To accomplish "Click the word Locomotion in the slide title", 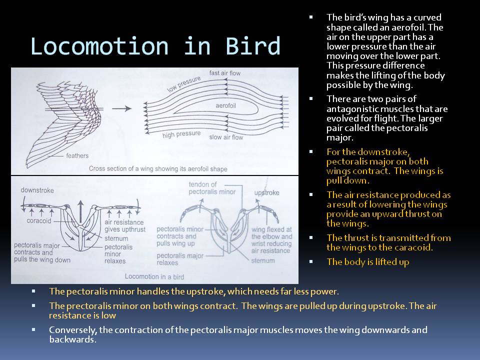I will (99, 46).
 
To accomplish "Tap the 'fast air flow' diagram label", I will (224, 73).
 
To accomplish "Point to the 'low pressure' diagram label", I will (183, 84).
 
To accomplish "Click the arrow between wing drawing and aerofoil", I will (122, 108).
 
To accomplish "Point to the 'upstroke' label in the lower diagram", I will (266, 192).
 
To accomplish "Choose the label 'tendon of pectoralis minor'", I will (204, 188).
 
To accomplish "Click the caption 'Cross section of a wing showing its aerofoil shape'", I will (157, 169).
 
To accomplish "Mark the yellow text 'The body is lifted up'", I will (368, 261).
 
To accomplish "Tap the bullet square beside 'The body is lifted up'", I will (311, 261).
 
